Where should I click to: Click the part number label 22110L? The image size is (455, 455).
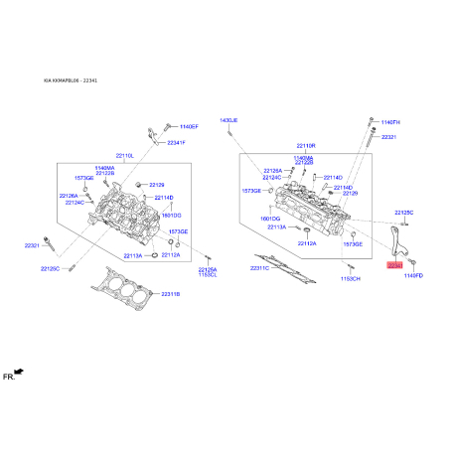click(x=125, y=156)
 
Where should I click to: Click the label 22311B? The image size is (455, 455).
click(x=170, y=295)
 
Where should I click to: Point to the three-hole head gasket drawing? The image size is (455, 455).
click(x=125, y=291)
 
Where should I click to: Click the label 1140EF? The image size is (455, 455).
click(x=189, y=127)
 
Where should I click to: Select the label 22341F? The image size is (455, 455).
click(x=177, y=143)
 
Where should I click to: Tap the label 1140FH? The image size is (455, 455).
click(x=389, y=121)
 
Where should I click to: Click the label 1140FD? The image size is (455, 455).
click(x=413, y=275)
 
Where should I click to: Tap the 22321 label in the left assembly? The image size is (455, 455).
click(x=32, y=245)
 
